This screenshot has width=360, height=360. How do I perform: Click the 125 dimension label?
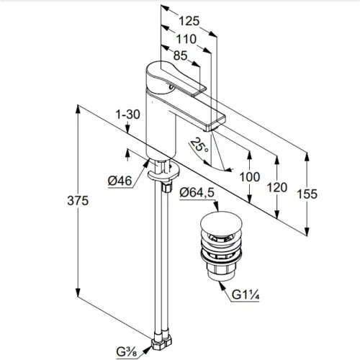click(x=189, y=21)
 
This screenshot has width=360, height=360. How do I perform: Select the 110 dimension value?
click(x=186, y=39)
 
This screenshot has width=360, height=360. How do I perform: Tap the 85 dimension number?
click(x=180, y=55)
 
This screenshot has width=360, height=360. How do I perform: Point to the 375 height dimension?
click(x=78, y=201)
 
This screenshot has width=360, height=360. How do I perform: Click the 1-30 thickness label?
click(x=127, y=114)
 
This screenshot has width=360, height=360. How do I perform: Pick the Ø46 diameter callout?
click(x=120, y=181)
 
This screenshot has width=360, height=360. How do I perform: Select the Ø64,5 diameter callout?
click(x=197, y=192)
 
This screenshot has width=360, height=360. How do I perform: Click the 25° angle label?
click(x=199, y=145)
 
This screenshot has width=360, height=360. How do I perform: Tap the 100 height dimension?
click(x=250, y=177)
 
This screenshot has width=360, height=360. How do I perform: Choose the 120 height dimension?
click(x=277, y=187)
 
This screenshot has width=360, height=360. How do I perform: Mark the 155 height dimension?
click(x=307, y=194)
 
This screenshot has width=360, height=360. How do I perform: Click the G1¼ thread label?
click(x=246, y=294)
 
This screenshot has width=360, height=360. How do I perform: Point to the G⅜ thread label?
click(x=127, y=352)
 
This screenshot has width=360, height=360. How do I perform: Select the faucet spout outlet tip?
click(x=210, y=130)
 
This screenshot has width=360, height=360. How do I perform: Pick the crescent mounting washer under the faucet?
click(x=163, y=174)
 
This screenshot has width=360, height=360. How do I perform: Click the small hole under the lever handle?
click(x=171, y=87)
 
